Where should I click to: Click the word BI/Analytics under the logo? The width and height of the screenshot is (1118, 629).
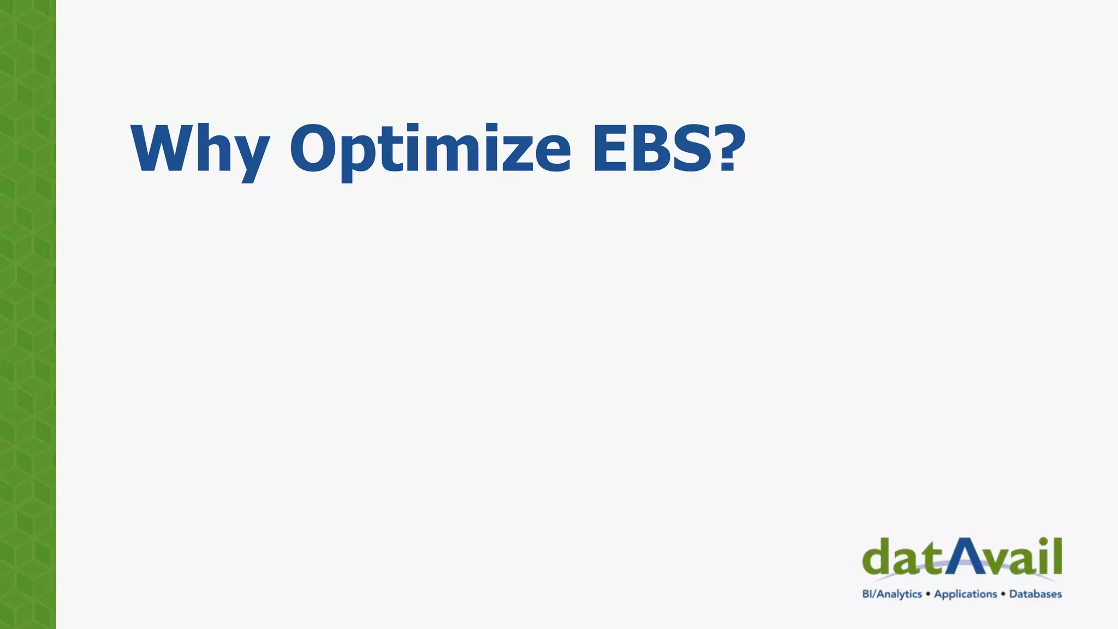pyautogui.click(x=892, y=594)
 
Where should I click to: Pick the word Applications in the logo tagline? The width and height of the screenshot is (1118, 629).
pyautogui.click(x=965, y=594)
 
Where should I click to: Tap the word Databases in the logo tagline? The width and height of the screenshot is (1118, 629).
pyautogui.click(x=1035, y=594)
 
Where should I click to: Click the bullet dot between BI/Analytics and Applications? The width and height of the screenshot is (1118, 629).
pyautogui.click(x=928, y=594)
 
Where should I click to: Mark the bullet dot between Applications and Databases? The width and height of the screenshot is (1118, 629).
pyautogui.click(x=1003, y=594)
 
